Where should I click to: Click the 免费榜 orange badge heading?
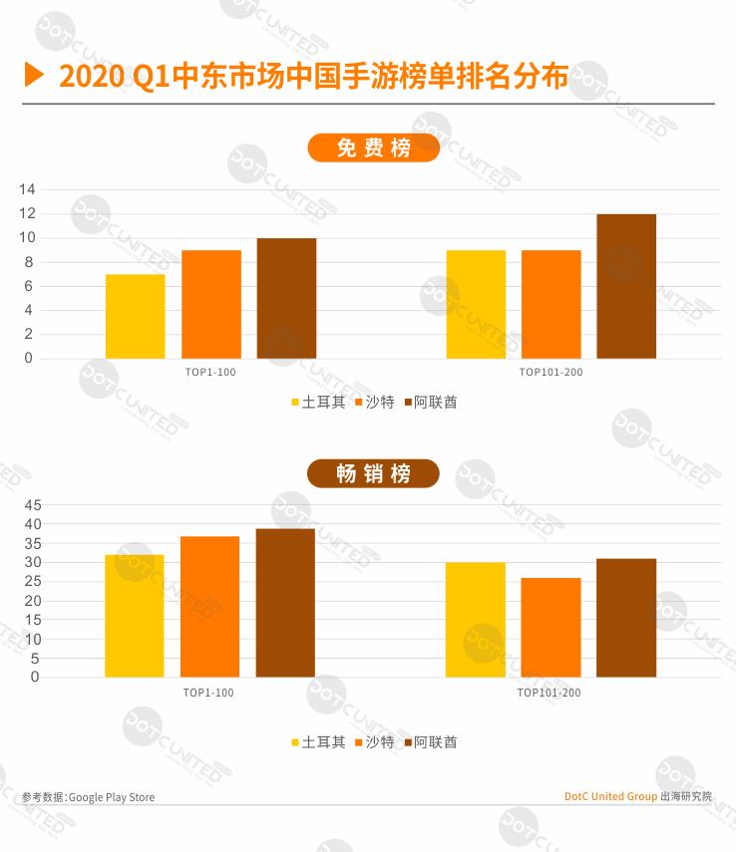[x=373, y=148]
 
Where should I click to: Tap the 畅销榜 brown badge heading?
[x=373, y=473]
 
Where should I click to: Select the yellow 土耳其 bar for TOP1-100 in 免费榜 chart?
[x=135, y=316]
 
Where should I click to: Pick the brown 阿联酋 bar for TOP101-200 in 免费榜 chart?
[x=626, y=286]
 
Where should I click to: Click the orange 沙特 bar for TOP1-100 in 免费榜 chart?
[x=210, y=304]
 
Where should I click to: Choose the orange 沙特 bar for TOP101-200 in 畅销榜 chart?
[x=551, y=627]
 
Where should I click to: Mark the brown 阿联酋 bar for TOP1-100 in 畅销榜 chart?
[x=285, y=603]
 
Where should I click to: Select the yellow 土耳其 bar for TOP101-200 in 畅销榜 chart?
[x=475, y=619]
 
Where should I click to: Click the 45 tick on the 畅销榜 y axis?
[x=33, y=504]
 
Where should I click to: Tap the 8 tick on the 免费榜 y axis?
[x=29, y=262]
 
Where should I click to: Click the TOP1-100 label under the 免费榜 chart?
[x=209, y=373]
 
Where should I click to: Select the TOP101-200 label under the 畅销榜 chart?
[x=549, y=693]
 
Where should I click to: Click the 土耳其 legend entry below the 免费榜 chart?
[x=318, y=403]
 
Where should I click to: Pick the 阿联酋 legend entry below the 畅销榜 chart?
[x=430, y=742]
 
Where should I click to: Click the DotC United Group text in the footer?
[x=610, y=796]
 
